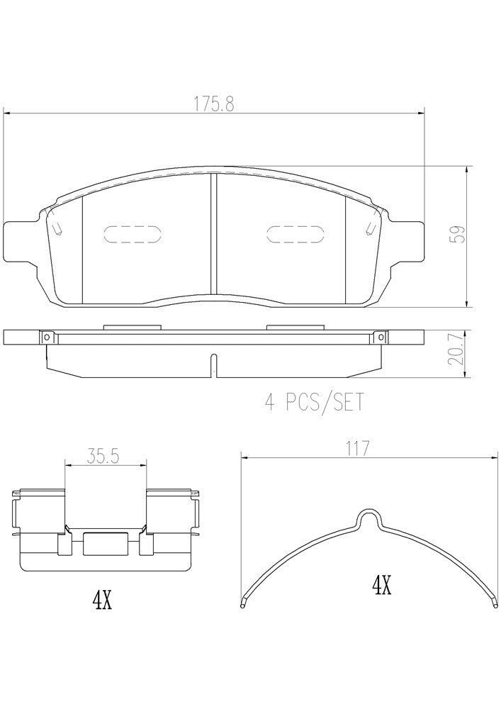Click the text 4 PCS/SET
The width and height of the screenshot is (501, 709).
(314, 403)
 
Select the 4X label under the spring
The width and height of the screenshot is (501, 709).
(381, 586)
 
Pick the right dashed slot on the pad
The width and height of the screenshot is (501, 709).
(295, 235)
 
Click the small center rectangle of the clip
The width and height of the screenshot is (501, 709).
(106, 544)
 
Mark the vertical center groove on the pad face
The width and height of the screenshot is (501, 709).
(213, 234)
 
